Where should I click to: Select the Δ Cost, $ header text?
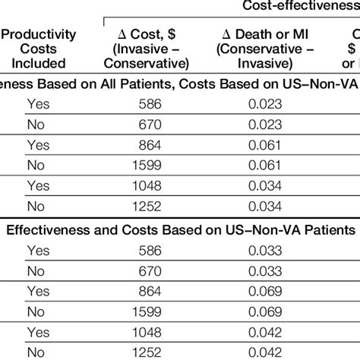click(145, 34)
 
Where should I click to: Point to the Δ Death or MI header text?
click(262, 34)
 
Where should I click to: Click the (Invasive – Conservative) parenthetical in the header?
click(145, 56)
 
